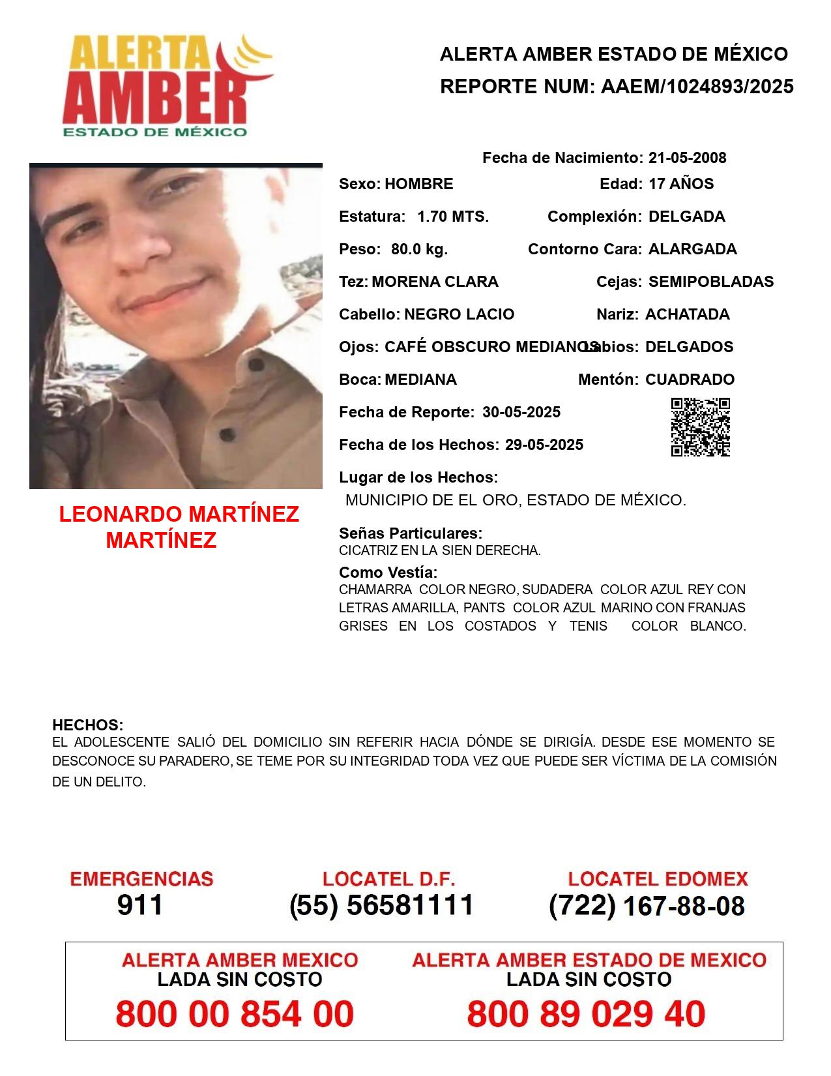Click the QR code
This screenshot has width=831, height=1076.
click(x=701, y=427)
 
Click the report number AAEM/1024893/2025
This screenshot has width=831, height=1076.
click(x=697, y=87)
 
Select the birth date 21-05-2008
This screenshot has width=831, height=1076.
click(x=687, y=158)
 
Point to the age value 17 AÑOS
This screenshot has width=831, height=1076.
click(x=681, y=184)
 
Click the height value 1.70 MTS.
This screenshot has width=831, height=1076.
click(x=453, y=217)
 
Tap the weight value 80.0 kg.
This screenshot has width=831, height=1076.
click(x=419, y=249)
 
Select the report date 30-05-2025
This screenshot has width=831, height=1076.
click(x=521, y=412)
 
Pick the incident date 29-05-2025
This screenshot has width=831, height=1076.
click(x=544, y=445)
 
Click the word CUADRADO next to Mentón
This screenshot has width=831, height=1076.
click(x=690, y=380)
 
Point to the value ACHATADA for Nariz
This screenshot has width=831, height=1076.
click(x=687, y=314)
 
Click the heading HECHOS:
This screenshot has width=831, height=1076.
click(x=87, y=725)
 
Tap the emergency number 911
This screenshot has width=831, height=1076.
click(x=140, y=905)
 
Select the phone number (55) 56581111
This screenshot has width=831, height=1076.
click(x=382, y=905)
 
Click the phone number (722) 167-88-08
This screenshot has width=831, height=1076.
click(x=647, y=906)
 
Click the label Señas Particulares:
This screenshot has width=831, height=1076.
click(x=411, y=533)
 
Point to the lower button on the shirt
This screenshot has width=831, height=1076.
click(x=226, y=434)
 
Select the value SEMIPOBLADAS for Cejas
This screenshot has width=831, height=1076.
click(x=711, y=282)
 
